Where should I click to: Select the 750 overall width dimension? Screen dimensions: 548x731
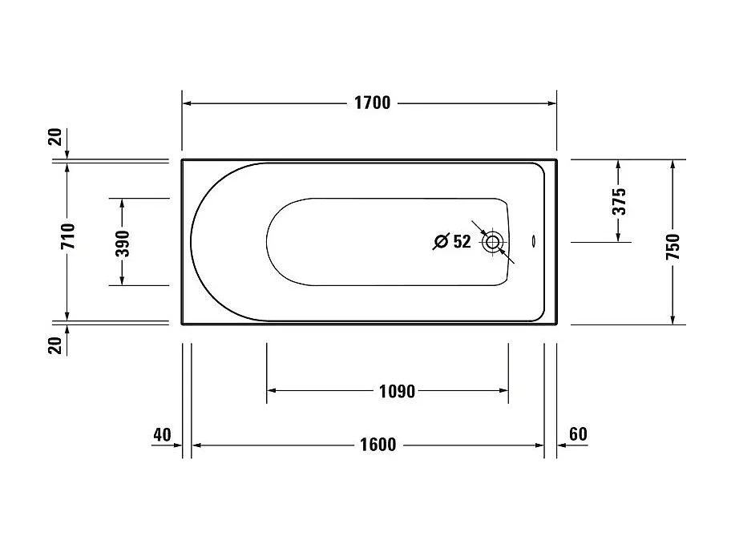(672, 242)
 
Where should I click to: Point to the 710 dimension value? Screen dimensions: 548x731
(67, 236)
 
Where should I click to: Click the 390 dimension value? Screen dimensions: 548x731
(122, 241)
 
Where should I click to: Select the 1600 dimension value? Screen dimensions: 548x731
(377, 445)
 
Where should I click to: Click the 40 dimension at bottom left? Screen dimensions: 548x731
(162, 435)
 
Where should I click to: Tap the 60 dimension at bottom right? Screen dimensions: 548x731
(578, 435)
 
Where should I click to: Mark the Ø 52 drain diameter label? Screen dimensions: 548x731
(452, 241)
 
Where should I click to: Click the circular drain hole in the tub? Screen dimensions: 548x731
(492, 240)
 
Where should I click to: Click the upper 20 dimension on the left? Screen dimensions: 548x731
(55, 137)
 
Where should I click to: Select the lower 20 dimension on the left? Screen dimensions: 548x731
(55, 345)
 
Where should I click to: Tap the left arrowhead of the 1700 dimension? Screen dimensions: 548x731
(187, 103)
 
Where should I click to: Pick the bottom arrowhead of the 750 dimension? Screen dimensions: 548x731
(672, 320)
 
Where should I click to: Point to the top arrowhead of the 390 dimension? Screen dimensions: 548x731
(122, 203)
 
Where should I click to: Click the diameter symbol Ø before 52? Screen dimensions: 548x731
(440, 241)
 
